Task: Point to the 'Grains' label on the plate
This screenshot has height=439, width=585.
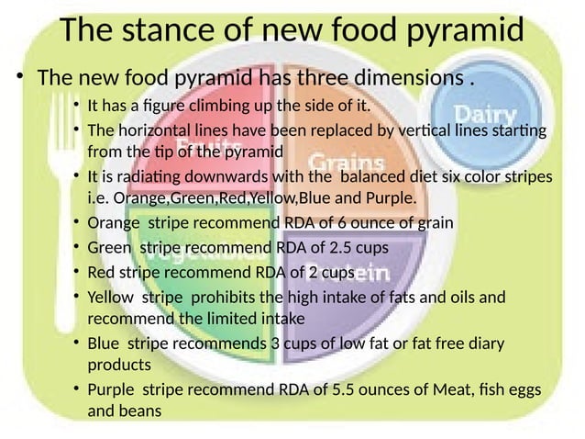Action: tap(338, 157)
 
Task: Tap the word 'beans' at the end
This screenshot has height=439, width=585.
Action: tap(138, 411)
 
